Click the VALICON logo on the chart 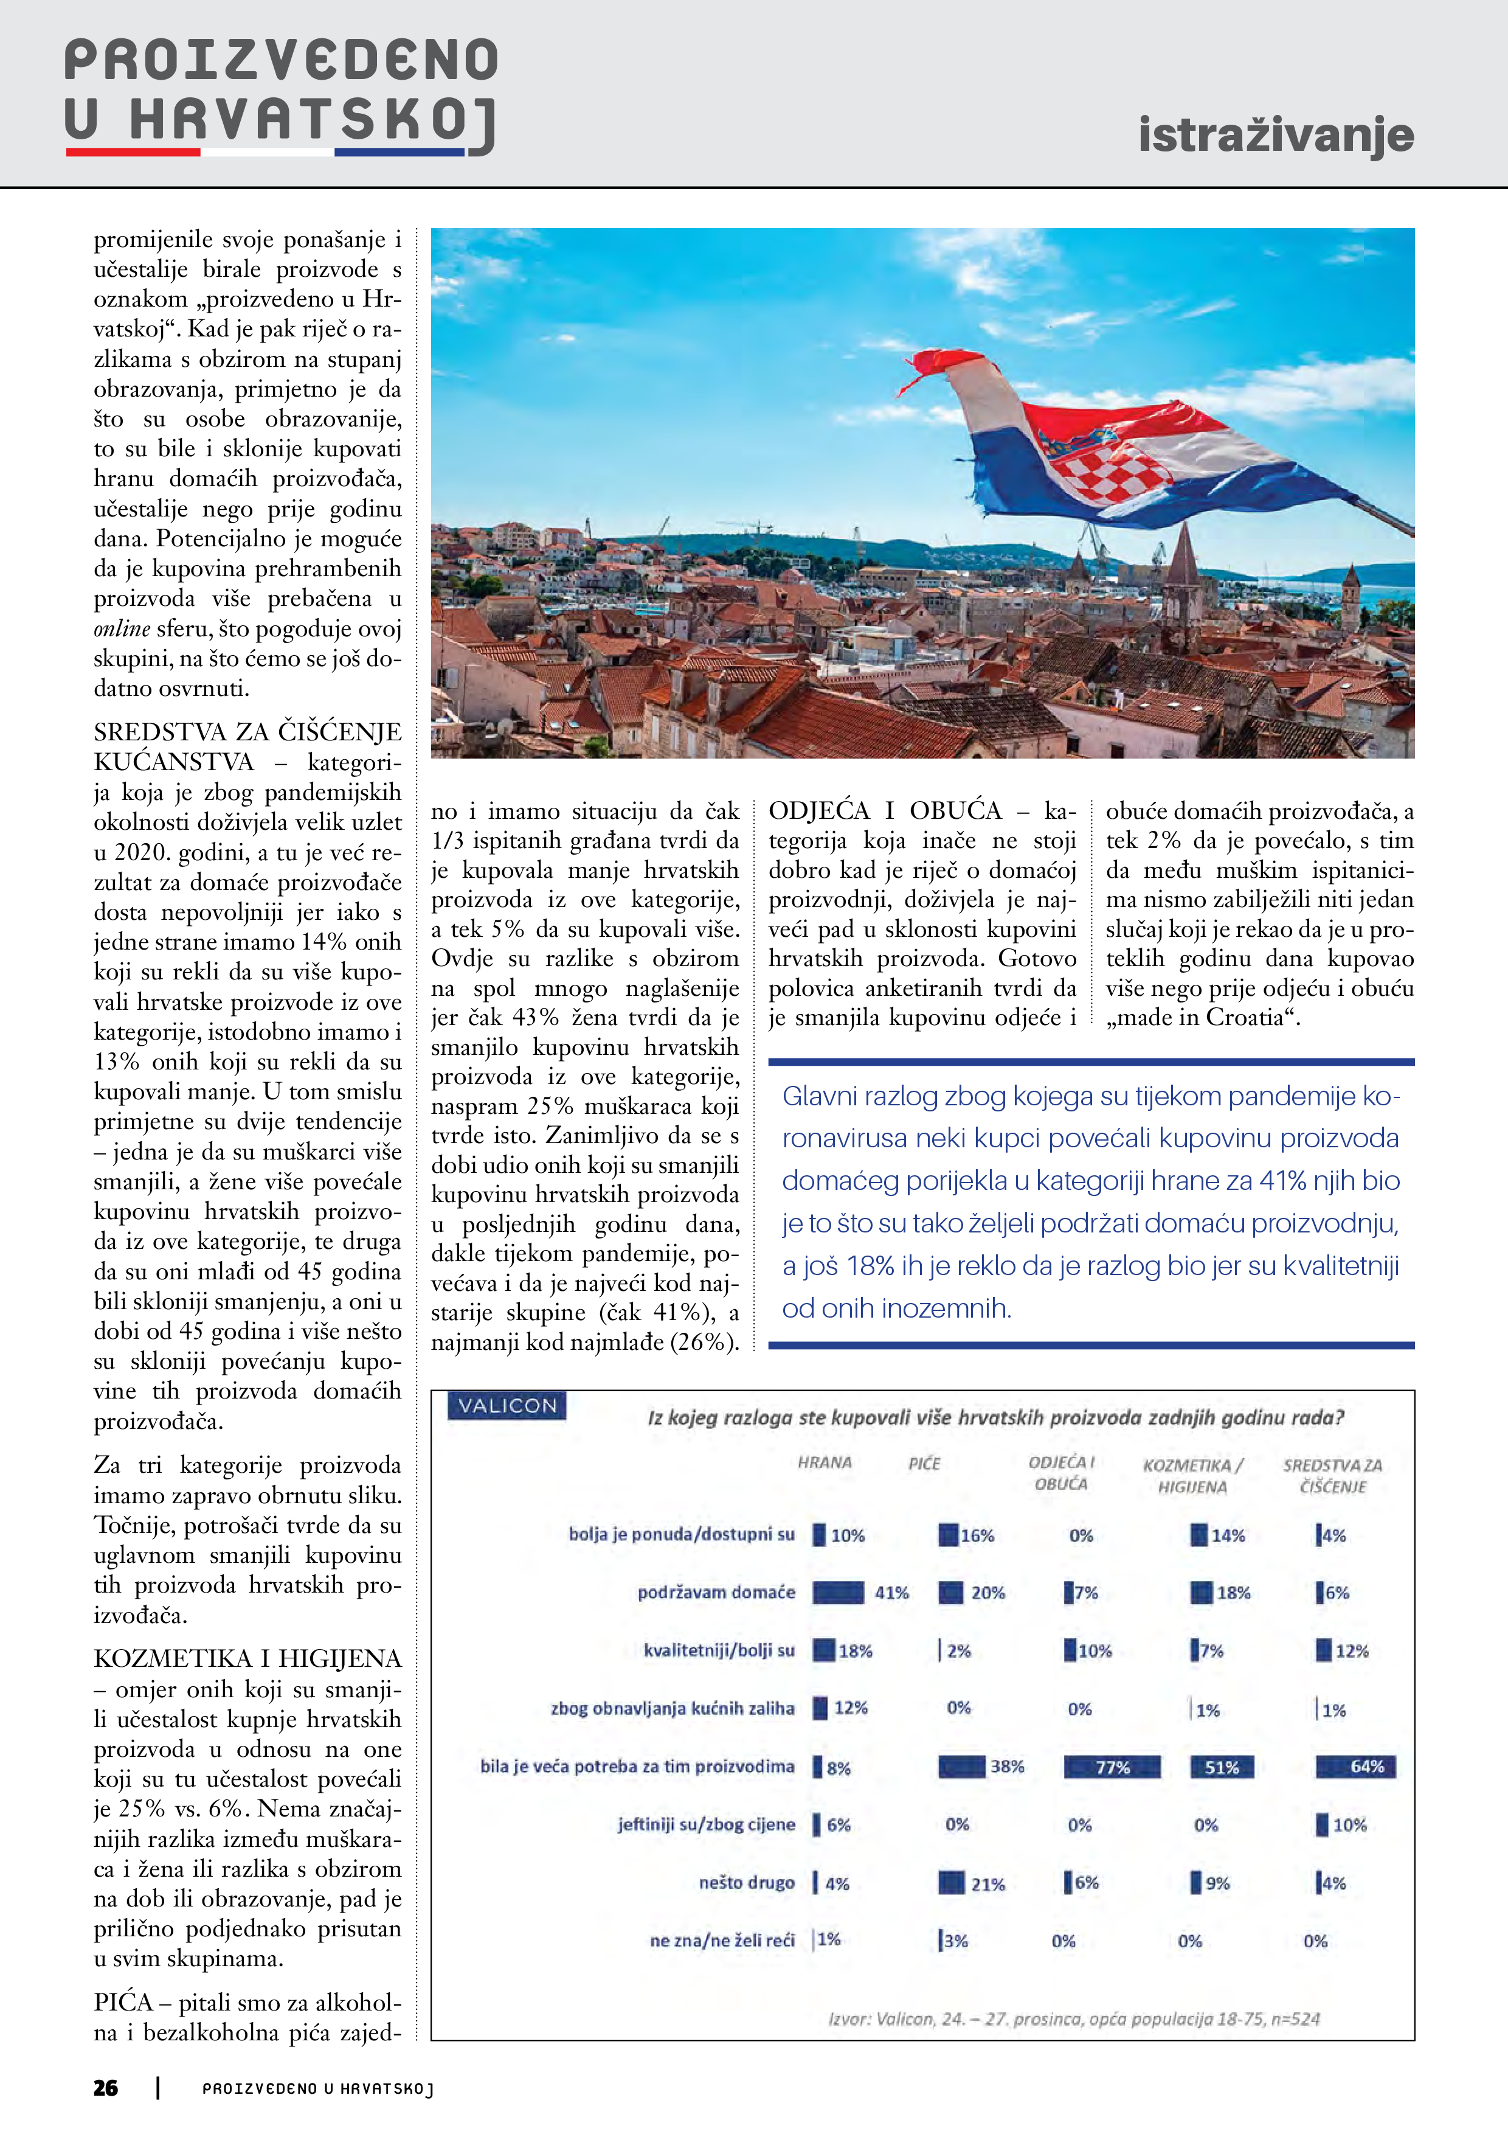coord(507,1405)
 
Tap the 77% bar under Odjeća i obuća coord(1112,1767)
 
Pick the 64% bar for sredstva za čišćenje coord(1355,1766)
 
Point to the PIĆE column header coord(924,1464)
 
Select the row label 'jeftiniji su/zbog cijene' coord(706,1824)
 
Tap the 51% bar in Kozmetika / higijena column coord(1222,1767)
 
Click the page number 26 coord(106,2088)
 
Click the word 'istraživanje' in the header coord(1276,135)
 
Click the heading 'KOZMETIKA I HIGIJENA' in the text coord(247,1659)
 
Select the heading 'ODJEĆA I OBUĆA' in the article coord(885,810)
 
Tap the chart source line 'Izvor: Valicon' coord(1073,2019)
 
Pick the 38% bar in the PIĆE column coord(962,1766)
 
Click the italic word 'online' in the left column coord(122,629)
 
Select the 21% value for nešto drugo coord(987,1884)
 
